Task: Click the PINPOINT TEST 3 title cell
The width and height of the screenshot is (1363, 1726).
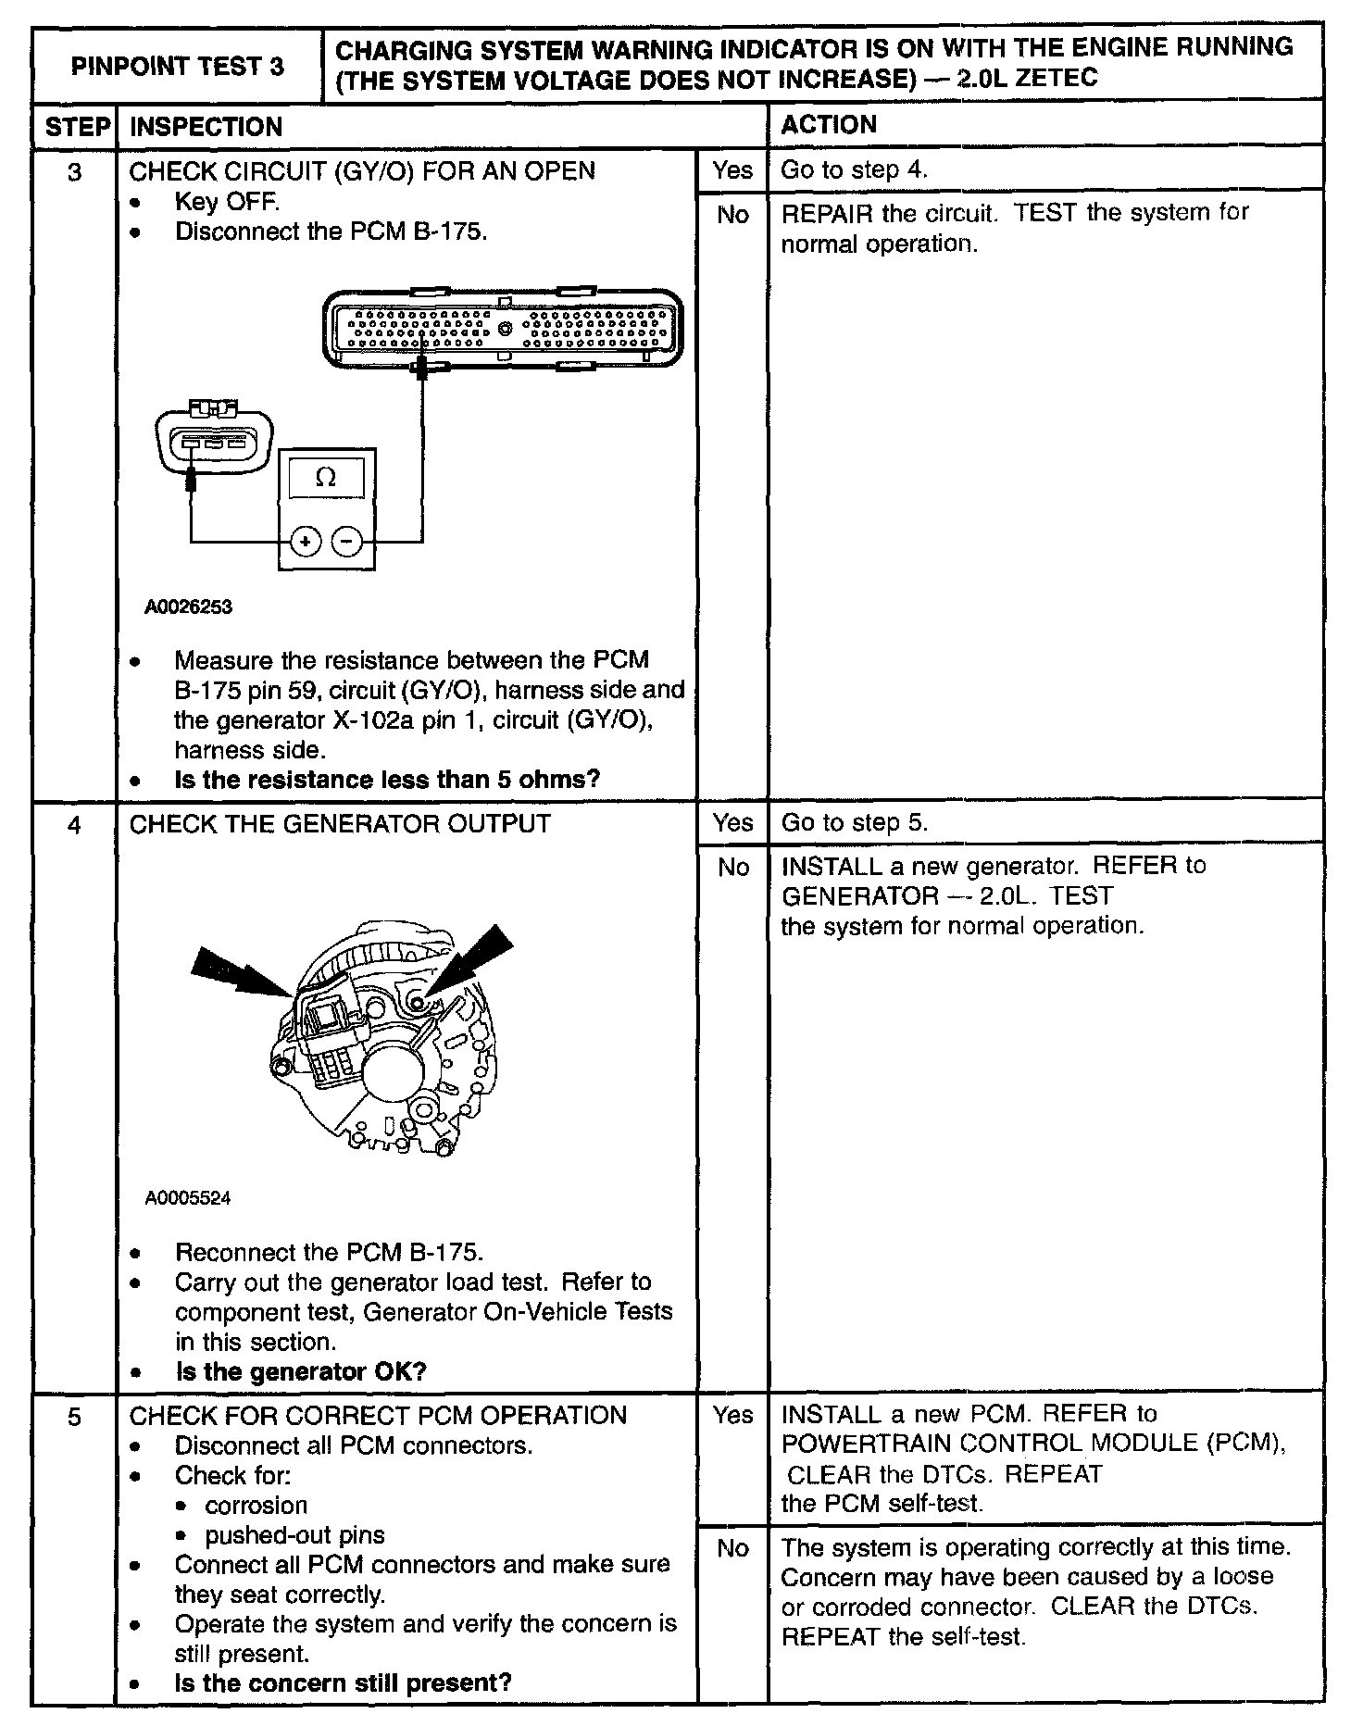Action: tap(177, 66)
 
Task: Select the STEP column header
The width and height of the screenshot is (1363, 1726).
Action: tap(76, 126)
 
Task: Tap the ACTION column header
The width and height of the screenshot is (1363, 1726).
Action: tap(829, 125)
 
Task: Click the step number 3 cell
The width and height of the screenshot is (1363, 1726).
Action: tap(75, 172)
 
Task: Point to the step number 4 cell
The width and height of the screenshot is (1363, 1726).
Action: tap(75, 824)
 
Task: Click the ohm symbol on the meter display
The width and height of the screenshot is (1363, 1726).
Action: tap(326, 478)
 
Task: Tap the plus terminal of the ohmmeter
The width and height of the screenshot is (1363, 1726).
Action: tap(306, 541)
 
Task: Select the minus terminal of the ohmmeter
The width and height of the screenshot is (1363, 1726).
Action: tap(347, 541)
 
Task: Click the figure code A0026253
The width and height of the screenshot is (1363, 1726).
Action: tap(189, 607)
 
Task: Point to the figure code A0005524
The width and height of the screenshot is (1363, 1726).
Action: tap(188, 1198)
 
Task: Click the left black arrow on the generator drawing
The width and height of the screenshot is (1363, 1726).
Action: tap(236, 975)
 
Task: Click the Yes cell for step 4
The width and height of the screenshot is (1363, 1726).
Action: tap(732, 822)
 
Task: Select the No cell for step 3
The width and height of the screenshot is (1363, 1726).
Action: tap(732, 215)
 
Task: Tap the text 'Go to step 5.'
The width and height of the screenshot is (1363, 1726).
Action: tap(855, 822)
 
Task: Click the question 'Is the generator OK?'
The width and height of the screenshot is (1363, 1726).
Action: tap(300, 1371)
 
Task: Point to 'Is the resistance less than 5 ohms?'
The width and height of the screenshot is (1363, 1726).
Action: tap(387, 780)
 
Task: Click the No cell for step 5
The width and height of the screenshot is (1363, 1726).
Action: tap(732, 1547)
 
